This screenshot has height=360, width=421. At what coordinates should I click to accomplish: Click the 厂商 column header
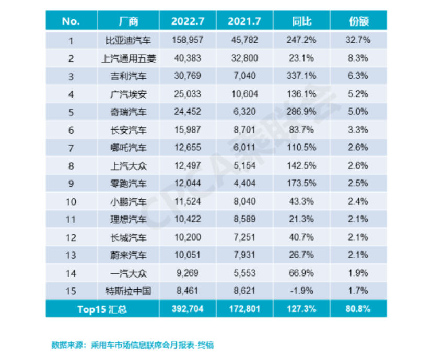(x=128, y=21)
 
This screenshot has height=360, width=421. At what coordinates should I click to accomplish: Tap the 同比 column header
(x=301, y=21)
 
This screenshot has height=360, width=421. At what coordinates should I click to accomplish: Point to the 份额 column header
(x=359, y=21)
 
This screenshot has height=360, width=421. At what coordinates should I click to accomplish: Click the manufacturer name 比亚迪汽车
(x=128, y=40)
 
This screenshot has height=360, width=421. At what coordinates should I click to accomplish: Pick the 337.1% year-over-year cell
(x=301, y=76)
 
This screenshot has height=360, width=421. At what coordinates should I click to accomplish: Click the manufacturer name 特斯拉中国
(x=128, y=291)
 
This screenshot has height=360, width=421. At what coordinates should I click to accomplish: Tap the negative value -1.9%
(x=301, y=291)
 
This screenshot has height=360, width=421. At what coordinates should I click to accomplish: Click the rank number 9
(x=71, y=183)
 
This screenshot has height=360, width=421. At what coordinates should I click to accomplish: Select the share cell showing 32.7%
(x=359, y=40)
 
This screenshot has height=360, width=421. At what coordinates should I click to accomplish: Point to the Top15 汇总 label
(x=102, y=309)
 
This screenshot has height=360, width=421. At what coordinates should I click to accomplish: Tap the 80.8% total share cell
(x=359, y=309)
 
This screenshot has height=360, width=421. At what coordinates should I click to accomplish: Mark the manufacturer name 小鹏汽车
(x=128, y=201)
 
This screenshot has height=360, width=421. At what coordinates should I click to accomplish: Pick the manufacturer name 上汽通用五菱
(x=128, y=58)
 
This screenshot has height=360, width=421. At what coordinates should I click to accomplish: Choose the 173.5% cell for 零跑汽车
(x=301, y=183)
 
